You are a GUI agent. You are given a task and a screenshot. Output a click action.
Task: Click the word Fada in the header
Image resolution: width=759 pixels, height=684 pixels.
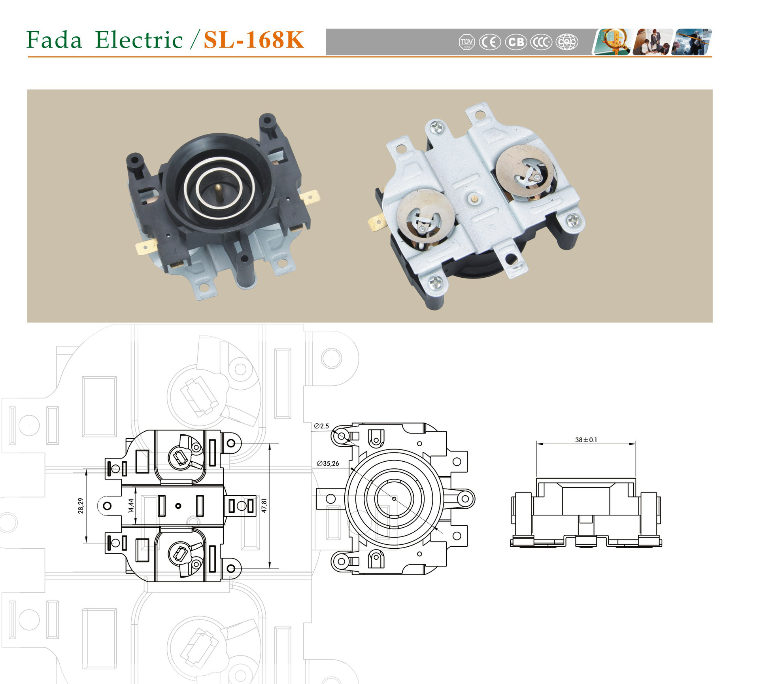[x=54, y=40]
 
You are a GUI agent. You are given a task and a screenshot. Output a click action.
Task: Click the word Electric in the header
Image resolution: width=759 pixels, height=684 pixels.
[x=139, y=40]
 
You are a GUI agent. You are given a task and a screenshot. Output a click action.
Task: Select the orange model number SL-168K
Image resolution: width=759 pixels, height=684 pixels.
[x=254, y=40]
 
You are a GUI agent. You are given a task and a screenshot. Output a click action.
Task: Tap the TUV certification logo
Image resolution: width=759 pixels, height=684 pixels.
[x=466, y=42]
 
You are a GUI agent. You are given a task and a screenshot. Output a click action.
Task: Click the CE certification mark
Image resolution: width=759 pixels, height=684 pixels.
[x=490, y=42]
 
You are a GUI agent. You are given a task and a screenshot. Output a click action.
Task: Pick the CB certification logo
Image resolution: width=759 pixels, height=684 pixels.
[x=516, y=42]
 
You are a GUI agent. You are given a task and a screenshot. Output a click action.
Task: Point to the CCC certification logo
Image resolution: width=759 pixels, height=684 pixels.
[x=541, y=42]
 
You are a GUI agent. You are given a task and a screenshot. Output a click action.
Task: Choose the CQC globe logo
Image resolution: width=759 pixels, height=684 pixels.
[x=567, y=42]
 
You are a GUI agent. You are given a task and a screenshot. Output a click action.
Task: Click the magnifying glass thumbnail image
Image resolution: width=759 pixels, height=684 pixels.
[x=612, y=42]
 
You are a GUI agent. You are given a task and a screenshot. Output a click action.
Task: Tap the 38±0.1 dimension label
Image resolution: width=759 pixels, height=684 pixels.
[x=586, y=440]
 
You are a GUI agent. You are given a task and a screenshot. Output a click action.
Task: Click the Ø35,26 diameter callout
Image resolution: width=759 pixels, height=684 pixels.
[x=328, y=464]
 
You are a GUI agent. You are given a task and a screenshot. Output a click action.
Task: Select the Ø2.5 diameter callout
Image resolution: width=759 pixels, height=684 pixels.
[x=321, y=426]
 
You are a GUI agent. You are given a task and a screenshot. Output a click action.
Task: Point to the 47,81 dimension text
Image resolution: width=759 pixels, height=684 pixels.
[x=264, y=506]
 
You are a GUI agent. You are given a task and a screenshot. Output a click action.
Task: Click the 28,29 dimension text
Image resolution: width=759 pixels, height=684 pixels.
[x=81, y=506]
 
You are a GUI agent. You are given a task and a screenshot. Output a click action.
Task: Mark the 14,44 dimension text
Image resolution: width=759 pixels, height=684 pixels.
[x=131, y=506]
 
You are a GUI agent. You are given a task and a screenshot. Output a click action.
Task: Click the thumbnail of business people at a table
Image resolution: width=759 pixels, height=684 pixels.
[x=652, y=42]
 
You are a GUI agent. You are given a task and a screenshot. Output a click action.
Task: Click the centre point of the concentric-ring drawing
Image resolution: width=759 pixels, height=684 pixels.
[x=394, y=499]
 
